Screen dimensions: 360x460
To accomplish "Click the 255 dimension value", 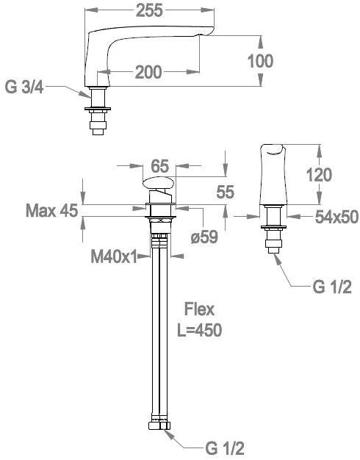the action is pos(149,10).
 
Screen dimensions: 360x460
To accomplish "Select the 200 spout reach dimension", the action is pos(148,72).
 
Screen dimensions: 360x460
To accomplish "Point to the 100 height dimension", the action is pos(260,61).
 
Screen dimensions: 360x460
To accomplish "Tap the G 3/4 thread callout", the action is pos(24,87).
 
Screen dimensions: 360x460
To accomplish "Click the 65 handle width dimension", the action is pos(160,166).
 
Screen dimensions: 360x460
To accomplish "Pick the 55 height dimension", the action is pos(225,192).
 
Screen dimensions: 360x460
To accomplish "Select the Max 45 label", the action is pos(52,210).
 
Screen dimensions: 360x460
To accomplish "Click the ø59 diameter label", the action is pos(204,237).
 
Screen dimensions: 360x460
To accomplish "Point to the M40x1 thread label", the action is pos(114,257).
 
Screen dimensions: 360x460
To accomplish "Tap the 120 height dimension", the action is pos(319,175).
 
